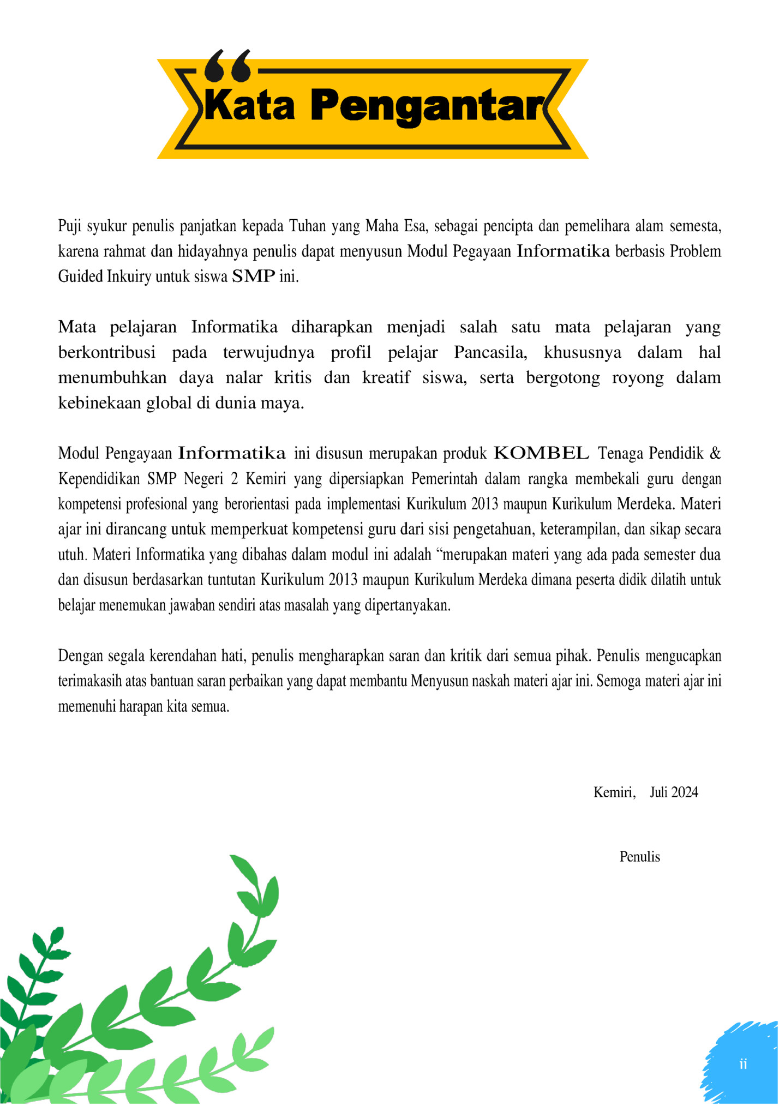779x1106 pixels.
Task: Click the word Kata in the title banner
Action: click(x=249, y=105)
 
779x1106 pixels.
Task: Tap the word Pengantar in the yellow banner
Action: click(x=428, y=106)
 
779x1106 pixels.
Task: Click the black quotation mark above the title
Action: click(x=227, y=65)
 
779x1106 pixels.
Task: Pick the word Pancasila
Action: click(x=490, y=352)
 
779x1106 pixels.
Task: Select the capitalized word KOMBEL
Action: click(x=541, y=453)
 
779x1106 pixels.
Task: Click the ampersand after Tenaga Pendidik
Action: click(x=715, y=453)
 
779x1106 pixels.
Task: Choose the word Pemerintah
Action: click(x=444, y=479)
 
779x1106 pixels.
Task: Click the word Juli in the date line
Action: click(x=658, y=792)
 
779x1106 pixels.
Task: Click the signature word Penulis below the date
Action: click(x=639, y=857)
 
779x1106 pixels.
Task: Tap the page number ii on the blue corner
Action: click(x=743, y=1064)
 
